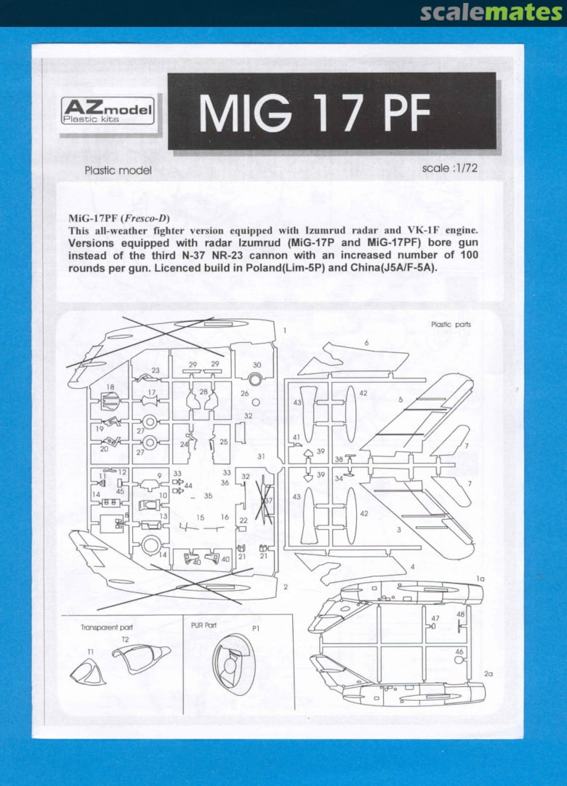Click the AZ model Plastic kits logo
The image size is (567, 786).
tap(108, 111)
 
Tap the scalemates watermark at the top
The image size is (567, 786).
tap(491, 12)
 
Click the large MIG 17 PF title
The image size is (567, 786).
tap(315, 113)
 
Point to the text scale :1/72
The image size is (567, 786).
tap(450, 168)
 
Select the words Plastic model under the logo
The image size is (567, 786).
tap(118, 170)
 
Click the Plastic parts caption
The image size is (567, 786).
tap(451, 325)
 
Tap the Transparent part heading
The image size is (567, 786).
tap(107, 627)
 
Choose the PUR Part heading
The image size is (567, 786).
tap(204, 625)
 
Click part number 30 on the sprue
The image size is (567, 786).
tap(257, 365)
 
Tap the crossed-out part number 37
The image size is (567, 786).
tap(268, 501)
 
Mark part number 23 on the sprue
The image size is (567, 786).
tap(156, 370)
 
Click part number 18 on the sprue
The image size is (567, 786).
tap(110, 387)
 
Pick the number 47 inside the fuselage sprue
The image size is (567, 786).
tap(435, 619)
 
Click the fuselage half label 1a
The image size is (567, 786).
tap(480, 579)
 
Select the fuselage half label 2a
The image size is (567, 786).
tap(488, 674)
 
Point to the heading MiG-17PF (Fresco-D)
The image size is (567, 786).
tap(118, 218)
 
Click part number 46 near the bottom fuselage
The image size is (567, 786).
tap(459, 651)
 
